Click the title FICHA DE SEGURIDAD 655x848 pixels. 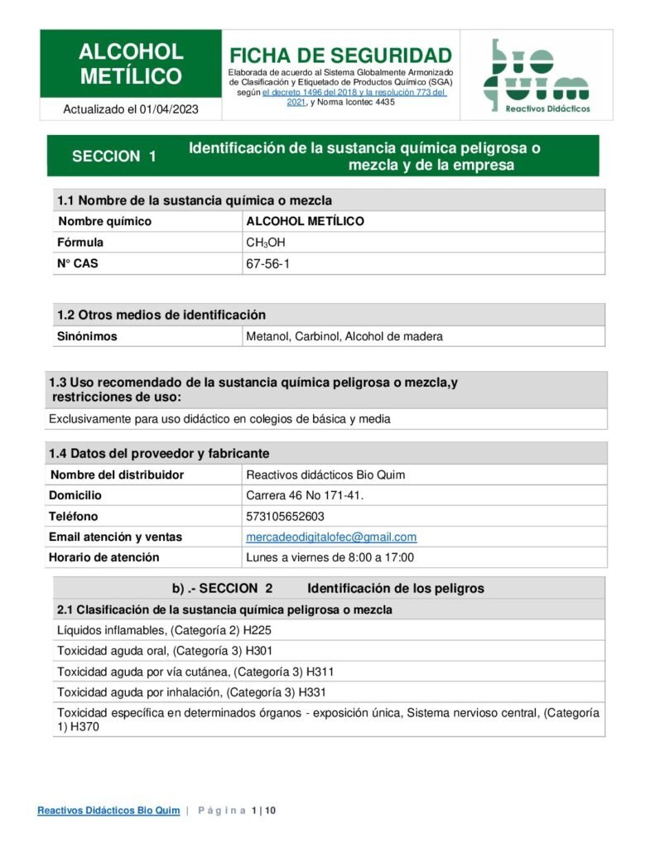(340, 55)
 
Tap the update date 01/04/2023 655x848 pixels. (169, 109)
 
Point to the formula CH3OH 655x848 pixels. (266, 243)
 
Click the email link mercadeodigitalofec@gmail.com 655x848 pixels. (331, 537)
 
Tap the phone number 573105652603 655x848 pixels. (286, 516)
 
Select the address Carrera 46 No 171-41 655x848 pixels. (305, 495)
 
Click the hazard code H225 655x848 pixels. (257, 630)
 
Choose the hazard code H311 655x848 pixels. (320, 671)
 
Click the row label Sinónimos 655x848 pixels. (87, 336)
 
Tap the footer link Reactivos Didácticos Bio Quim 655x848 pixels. (108, 811)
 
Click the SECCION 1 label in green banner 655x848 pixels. (114, 157)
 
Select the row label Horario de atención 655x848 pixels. (104, 557)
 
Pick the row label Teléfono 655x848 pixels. (74, 516)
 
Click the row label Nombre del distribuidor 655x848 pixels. (117, 475)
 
